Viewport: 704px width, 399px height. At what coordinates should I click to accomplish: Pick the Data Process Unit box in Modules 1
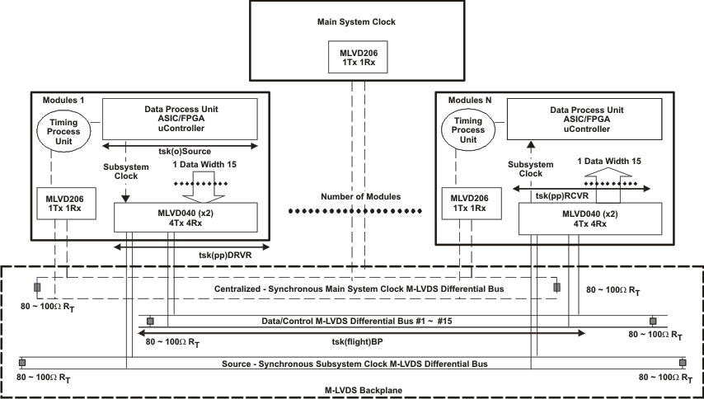click(180, 120)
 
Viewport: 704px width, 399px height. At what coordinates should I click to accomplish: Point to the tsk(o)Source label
click(180, 153)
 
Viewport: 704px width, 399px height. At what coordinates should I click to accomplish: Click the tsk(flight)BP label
click(355, 342)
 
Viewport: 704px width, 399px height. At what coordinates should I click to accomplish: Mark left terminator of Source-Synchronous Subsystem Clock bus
click(22, 363)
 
